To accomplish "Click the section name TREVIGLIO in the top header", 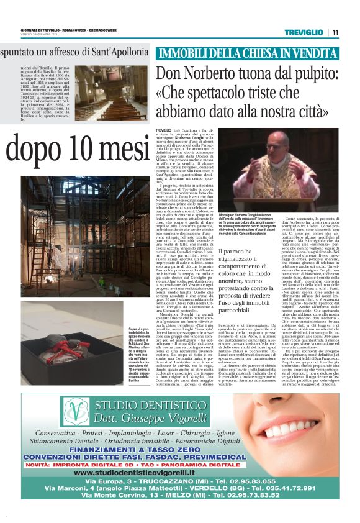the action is click(304, 32).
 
